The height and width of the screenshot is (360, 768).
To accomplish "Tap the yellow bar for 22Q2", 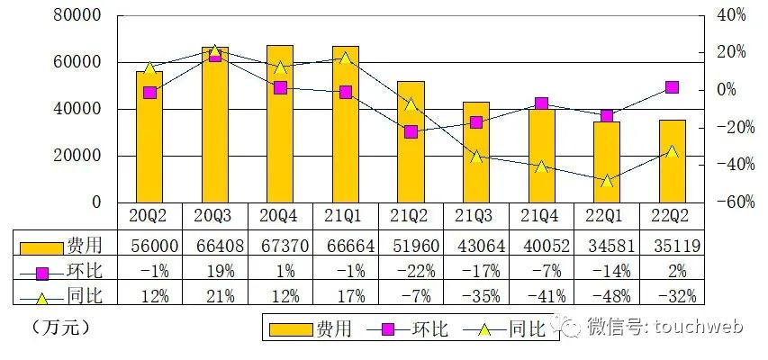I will pyautogui.click(x=672, y=161).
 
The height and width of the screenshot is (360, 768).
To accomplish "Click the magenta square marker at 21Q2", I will pyautogui.click(x=411, y=131).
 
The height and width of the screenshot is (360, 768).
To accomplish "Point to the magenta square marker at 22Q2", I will pyautogui.click(x=672, y=87).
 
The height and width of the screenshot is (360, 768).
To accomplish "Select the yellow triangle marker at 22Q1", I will pyautogui.click(x=607, y=180).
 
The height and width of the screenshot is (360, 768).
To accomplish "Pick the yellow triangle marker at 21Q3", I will pyautogui.click(x=476, y=157).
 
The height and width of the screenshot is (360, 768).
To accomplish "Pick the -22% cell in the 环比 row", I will pyautogui.click(x=411, y=270).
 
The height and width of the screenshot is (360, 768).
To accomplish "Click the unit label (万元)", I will pyautogui.click(x=60, y=328).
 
